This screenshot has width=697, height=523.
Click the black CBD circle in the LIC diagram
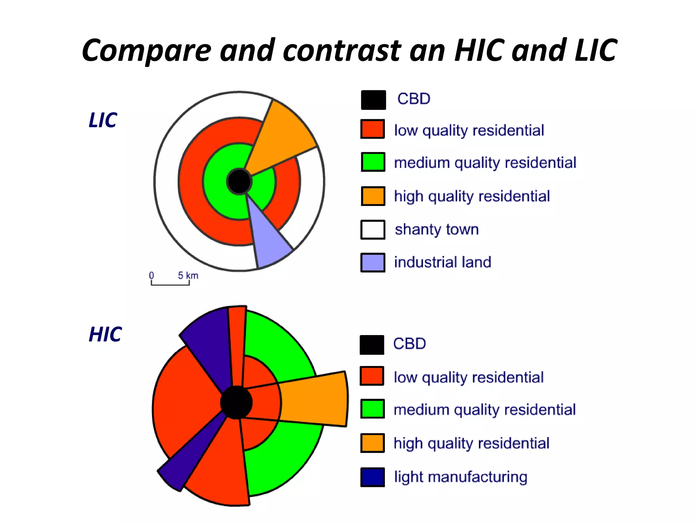(239, 181)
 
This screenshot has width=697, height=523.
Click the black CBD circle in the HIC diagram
(236, 402)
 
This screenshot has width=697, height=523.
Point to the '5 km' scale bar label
(188, 275)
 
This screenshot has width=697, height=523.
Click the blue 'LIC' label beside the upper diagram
(103, 120)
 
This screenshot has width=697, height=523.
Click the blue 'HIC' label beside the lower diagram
(105, 334)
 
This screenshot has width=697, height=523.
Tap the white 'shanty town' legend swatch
(373, 230)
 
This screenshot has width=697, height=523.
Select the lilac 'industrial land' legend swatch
(373, 263)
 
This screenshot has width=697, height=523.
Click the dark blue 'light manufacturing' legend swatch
(373, 477)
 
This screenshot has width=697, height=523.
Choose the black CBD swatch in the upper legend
(373, 100)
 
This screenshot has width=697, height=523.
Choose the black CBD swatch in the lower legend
(372, 345)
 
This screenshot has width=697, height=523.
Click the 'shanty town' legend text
(437, 229)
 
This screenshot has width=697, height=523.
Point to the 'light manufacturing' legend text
(460, 477)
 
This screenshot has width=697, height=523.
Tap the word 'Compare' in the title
(146, 51)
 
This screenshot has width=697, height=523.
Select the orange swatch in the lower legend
(373, 443)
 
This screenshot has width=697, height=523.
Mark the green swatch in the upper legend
(373, 162)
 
